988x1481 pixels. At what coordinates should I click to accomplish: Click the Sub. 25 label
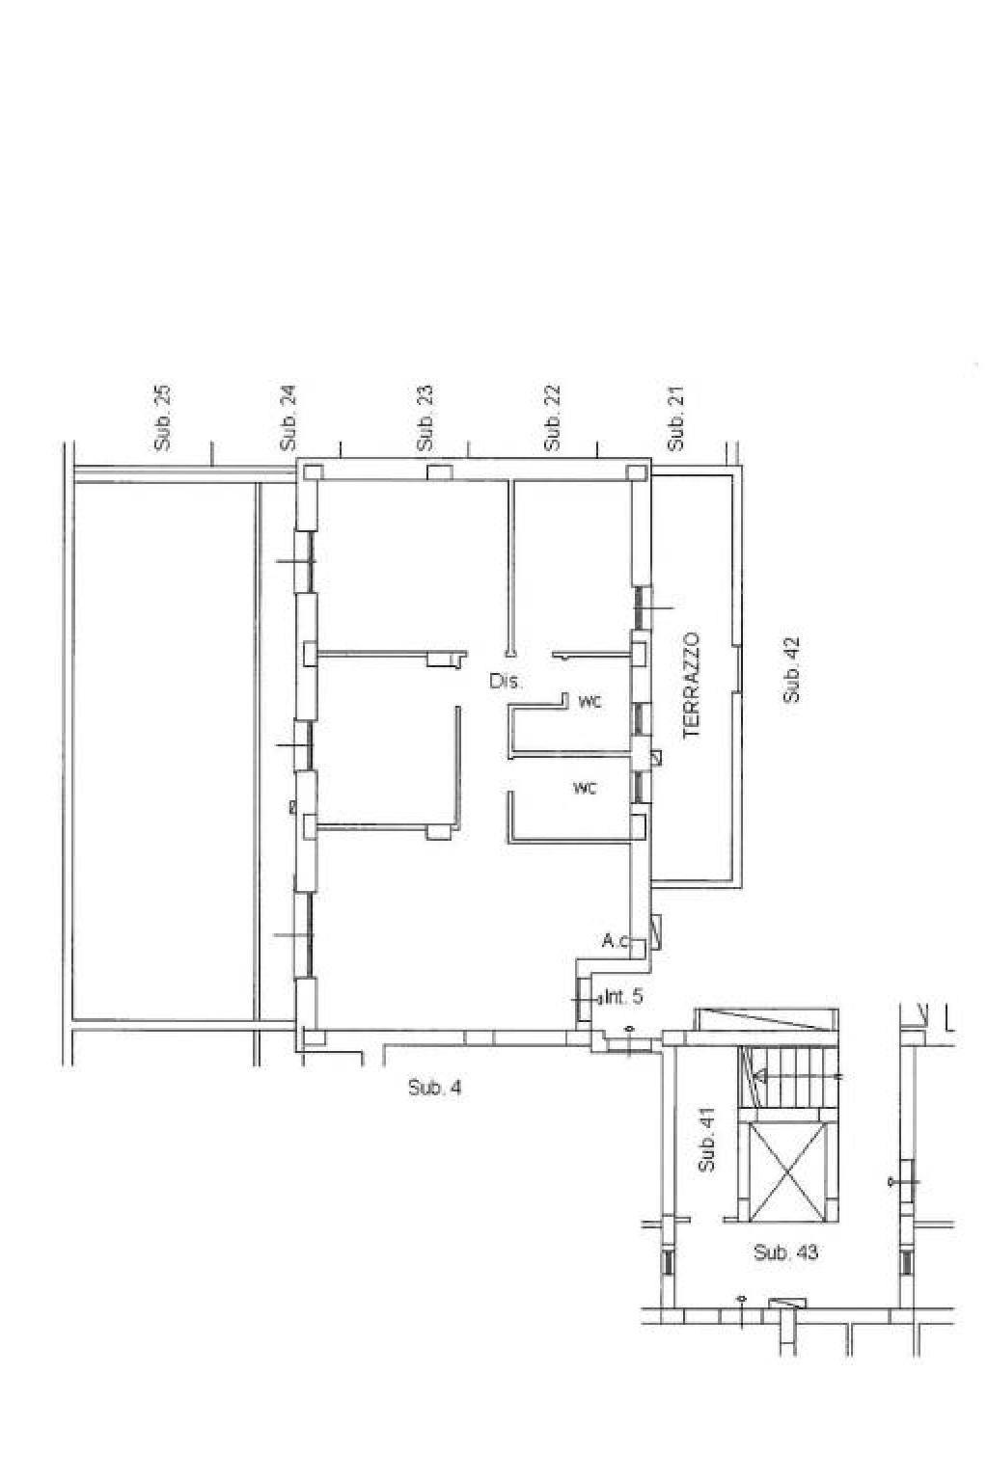coord(162,418)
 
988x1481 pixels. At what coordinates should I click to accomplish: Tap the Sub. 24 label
coord(289,418)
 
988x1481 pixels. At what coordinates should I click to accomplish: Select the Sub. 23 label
coord(425,418)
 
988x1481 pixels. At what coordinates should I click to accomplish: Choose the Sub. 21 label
coord(675,418)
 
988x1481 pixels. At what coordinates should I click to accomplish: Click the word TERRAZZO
coord(691,686)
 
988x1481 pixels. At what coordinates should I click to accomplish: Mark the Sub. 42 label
coord(791,669)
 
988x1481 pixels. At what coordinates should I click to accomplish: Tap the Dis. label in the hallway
coord(506,681)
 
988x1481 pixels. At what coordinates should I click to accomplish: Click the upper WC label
coord(590,702)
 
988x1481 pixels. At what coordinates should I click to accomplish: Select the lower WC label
coord(586,788)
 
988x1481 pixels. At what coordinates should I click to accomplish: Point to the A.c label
coord(616,941)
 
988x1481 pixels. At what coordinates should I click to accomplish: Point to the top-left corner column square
coord(313,472)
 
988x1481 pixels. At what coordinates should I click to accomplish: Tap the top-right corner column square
coord(637,472)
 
